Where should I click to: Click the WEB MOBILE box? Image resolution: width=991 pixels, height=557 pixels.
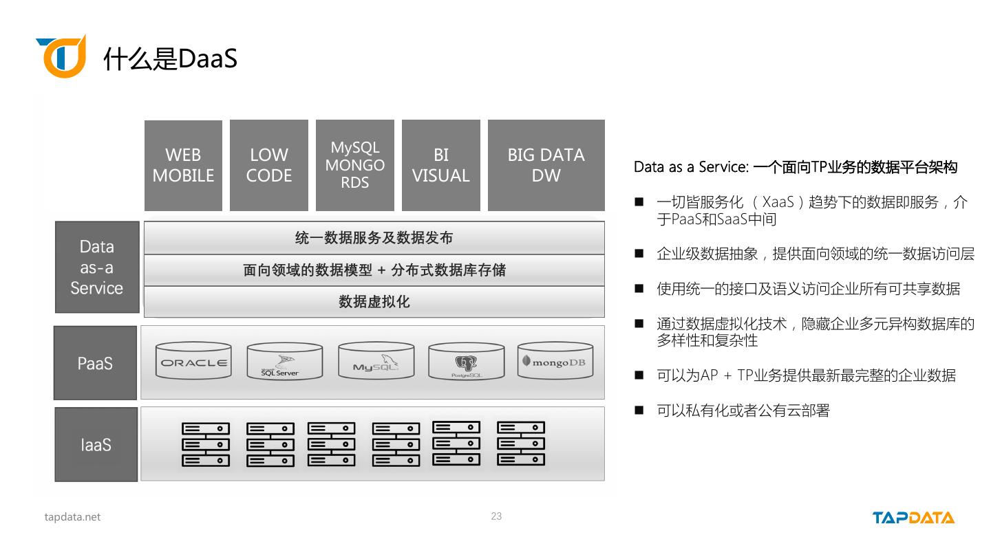tap(183, 165)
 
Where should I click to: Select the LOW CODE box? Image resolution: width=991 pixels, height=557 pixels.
tap(268, 165)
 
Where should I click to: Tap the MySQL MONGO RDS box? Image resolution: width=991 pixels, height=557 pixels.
tap(354, 165)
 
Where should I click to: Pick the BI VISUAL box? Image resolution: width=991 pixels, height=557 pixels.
tap(440, 165)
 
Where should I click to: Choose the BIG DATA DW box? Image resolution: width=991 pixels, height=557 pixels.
tap(546, 165)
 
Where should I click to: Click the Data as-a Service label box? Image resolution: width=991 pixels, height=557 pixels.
tap(97, 267)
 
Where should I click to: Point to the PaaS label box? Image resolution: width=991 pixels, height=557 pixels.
tap(95, 363)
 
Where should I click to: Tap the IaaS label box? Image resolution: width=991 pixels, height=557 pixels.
tap(96, 445)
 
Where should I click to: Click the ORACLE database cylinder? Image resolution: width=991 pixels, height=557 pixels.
tap(193, 362)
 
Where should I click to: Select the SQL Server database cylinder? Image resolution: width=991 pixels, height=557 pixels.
tap(284, 362)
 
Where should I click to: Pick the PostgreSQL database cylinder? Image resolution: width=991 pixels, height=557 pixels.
tap(466, 362)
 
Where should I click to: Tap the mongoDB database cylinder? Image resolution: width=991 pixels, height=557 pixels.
tap(555, 360)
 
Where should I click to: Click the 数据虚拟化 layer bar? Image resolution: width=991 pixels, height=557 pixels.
tap(374, 302)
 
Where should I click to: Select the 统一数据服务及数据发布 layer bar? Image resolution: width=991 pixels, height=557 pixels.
tap(374, 238)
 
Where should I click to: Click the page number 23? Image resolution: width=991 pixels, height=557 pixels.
tap(496, 516)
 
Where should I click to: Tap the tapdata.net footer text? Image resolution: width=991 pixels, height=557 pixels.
tap(72, 517)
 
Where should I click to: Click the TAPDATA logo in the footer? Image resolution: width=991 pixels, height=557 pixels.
tap(913, 518)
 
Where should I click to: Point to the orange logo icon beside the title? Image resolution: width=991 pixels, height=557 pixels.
tap(62, 56)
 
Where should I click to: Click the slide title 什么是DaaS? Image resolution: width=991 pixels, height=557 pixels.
tap(170, 60)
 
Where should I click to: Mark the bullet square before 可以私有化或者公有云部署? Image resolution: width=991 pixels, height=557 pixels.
tap(639, 411)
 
